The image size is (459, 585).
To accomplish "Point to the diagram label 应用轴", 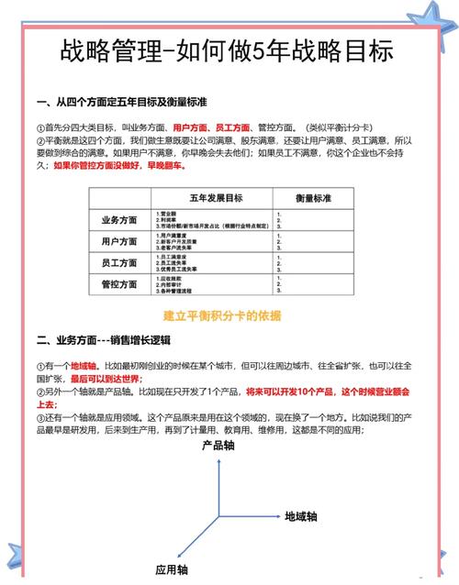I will pyautogui.click(x=171, y=569).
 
